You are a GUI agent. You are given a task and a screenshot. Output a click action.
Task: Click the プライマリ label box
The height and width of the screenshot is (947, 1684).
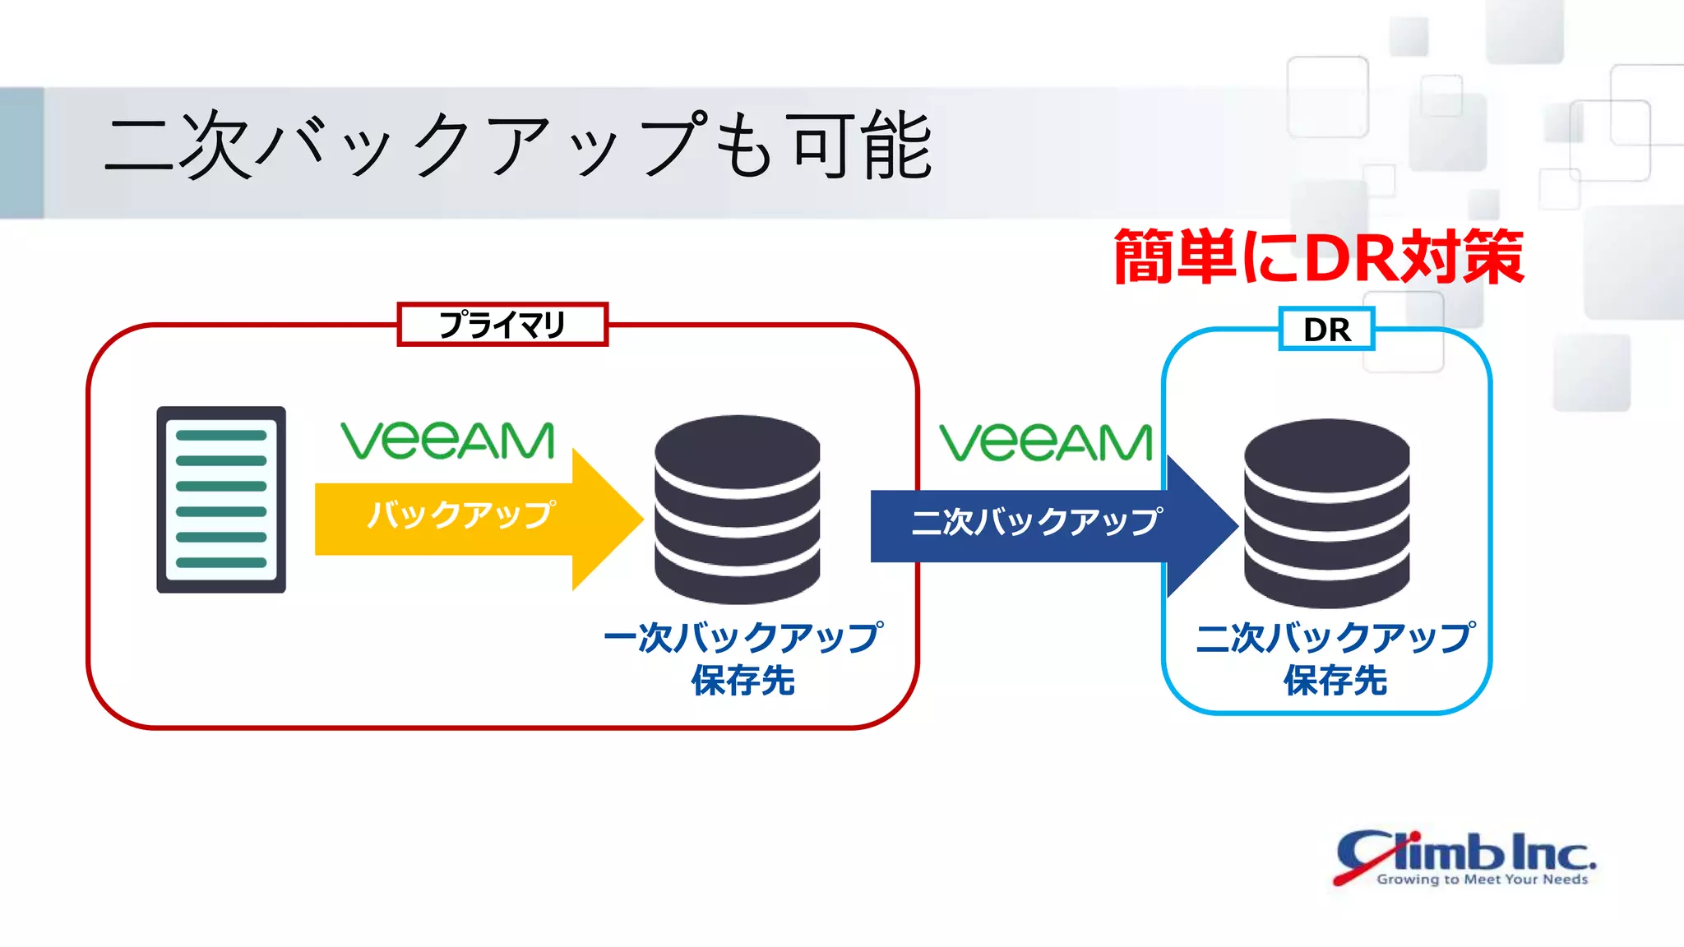pyautogui.click(x=502, y=325)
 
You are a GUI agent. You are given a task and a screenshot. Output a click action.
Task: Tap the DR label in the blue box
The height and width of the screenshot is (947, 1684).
pyautogui.click(x=1326, y=330)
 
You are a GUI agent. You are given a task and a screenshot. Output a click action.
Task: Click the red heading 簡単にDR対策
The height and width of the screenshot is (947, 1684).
pyautogui.click(x=1319, y=258)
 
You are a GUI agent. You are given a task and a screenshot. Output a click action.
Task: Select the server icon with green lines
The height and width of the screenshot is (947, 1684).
pyautogui.click(x=221, y=499)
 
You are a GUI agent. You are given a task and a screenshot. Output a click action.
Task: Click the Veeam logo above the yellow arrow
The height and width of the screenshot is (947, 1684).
pyautogui.click(x=448, y=441)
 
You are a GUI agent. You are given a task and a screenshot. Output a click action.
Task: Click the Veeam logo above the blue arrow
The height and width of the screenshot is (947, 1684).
pyautogui.click(x=1045, y=442)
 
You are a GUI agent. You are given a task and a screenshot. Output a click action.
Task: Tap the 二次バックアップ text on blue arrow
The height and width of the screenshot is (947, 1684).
pyautogui.click(x=1036, y=522)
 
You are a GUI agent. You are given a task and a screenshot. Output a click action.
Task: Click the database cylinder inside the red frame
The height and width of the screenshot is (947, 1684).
pyautogui.click(x=738, y=510)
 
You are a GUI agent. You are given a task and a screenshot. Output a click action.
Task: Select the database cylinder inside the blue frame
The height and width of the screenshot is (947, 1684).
pyautogui.click(x=1326, y=513)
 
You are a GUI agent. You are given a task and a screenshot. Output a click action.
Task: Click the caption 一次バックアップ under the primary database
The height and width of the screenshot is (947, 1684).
pyautogui.click(x=743, y=638)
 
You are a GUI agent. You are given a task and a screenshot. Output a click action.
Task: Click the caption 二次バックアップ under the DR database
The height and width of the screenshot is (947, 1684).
pyautogui.click(x=1335, y=638)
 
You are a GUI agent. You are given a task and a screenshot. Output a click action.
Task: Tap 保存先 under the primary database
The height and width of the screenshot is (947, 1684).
pyautogui.click(x=743, y=681)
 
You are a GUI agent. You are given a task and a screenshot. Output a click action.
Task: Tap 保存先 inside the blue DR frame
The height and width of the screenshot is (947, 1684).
pyautogui.click(x=1335, y=681)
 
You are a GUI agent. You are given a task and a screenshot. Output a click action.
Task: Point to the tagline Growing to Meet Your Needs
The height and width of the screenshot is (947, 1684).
pyautogui.click(x=1482, y=879)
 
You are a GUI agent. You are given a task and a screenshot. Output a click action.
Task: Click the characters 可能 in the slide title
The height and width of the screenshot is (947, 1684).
pyautogui.click(x=860, y=146)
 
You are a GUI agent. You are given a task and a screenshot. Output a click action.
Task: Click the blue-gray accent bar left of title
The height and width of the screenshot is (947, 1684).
pyautogui.click(x=21, y=153)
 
